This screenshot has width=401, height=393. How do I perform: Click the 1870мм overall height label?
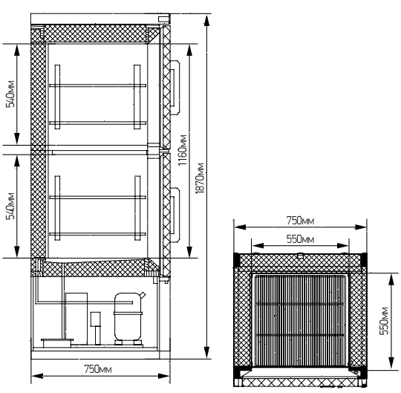(x=200, y=178)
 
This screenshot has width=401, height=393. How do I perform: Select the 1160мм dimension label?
(x=183, y=149)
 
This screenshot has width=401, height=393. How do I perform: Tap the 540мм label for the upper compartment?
(x=11, y=94)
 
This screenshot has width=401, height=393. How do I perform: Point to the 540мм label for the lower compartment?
(x=11, y=206)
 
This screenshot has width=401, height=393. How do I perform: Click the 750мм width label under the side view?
(x=98, y=369)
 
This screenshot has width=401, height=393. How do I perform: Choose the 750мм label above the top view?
(x=300, y=221)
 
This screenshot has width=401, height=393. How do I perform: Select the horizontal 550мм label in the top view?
(x=300, y=239)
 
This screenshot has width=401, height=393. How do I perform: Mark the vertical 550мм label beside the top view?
(x=384, y=321)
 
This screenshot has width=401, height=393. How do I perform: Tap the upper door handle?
(x=175, y=87)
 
